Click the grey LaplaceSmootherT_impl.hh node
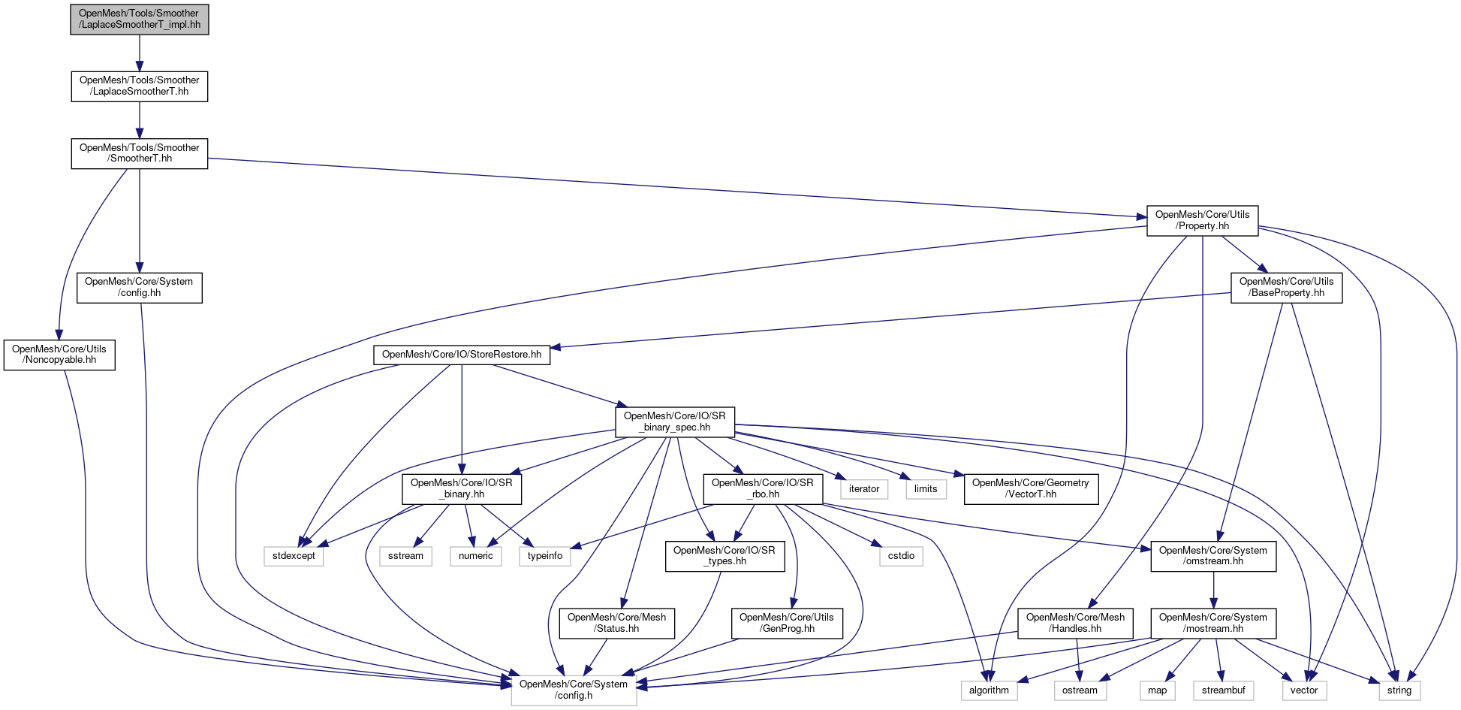140,19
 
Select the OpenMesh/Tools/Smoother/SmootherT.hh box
140,153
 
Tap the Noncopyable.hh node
59,355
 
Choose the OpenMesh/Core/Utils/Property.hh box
1202,220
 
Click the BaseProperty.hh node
1286,287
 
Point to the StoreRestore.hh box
462,355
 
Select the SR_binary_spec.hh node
675,421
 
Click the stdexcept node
294,556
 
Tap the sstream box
405,556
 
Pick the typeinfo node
544,556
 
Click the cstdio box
901,556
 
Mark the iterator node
863,489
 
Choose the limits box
926,489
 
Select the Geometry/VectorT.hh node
1030,488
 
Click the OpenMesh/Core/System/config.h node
574,690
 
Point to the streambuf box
1223,690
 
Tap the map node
1157,690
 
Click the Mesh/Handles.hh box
1075,623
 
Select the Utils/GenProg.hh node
786,623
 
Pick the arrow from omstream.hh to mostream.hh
1213,590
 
